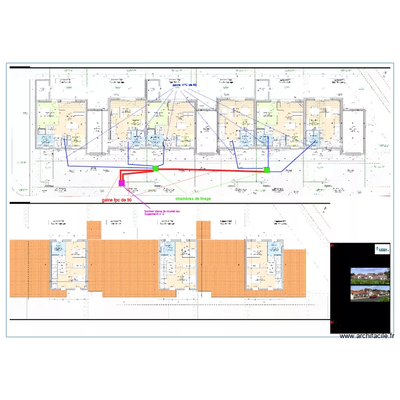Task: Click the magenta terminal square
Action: [122, 183]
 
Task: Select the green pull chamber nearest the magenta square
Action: [156, 169]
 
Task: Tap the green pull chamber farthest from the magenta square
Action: [267, 170]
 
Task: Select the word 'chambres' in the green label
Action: [186, 198]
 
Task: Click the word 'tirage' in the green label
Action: [205, 198]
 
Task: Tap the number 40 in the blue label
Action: [194, 85]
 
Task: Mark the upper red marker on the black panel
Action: [333, 246]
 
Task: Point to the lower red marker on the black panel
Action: [333, 322]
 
